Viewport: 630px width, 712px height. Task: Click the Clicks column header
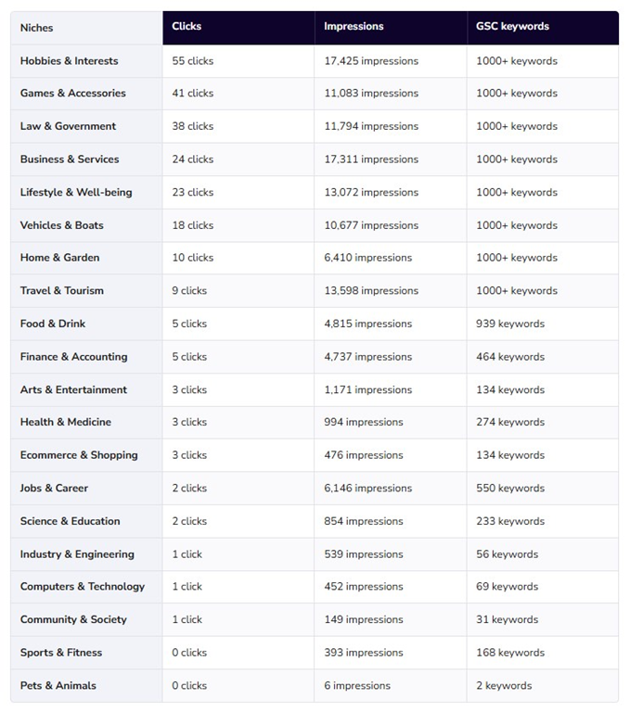coord(187,26)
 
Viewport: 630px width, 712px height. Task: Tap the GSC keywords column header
coord(512,26)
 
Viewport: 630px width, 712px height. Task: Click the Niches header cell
coord(37,28)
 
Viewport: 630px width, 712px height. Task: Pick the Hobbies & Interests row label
coord(70,61)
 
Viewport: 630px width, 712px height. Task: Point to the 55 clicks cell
coord(192,61)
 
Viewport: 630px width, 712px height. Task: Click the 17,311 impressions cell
coord(371,159)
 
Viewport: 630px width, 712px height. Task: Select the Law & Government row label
coord(68,126)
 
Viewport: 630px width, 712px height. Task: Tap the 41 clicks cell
coord(192,94)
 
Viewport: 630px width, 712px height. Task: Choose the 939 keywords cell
coord(510,324)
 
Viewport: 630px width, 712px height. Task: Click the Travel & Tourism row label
coord(62,291)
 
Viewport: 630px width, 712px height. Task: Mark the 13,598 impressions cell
coord(371,291)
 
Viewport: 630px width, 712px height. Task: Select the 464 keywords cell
coord(510,357)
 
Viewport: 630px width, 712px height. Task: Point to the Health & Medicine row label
coord(66,422)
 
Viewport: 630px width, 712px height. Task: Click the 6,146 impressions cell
coord(367,488)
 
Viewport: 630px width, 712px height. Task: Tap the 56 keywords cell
coord(507,554)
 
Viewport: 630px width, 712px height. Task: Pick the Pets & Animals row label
coord(58,686)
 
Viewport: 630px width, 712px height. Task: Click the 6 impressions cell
coord(357,686)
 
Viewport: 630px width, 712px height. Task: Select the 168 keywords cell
coord(510,653)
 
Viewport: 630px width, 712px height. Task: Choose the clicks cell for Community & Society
coord(186,620)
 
